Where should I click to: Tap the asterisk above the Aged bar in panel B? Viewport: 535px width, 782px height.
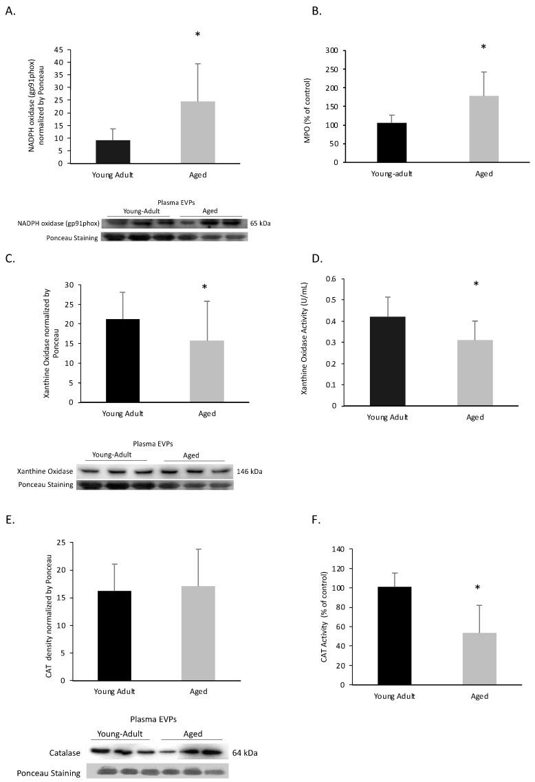(483, 47)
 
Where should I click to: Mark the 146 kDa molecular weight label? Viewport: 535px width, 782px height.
(249, 472)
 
